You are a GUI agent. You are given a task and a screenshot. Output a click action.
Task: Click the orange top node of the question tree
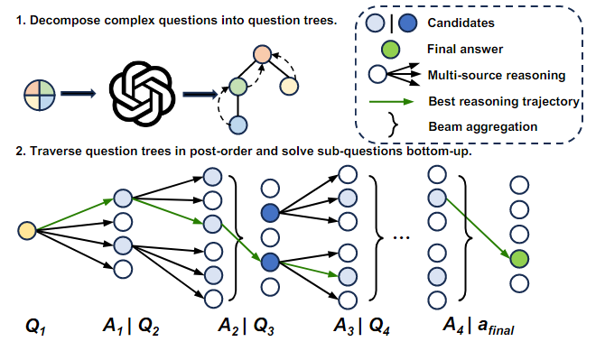pyautogui.click(x=261, y=54)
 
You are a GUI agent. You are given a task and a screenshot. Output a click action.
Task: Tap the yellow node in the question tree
pyautogui.click(x=289, y=86)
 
